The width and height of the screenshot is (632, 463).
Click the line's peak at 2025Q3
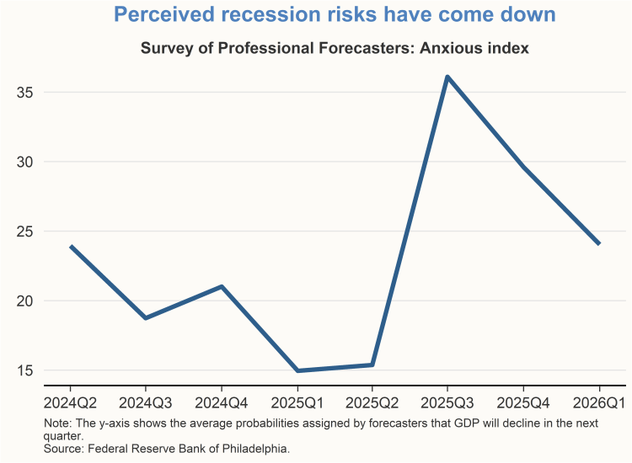(447, 77)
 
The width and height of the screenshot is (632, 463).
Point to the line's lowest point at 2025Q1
(297, 370)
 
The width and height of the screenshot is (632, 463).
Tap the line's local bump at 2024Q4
(222, 286)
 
